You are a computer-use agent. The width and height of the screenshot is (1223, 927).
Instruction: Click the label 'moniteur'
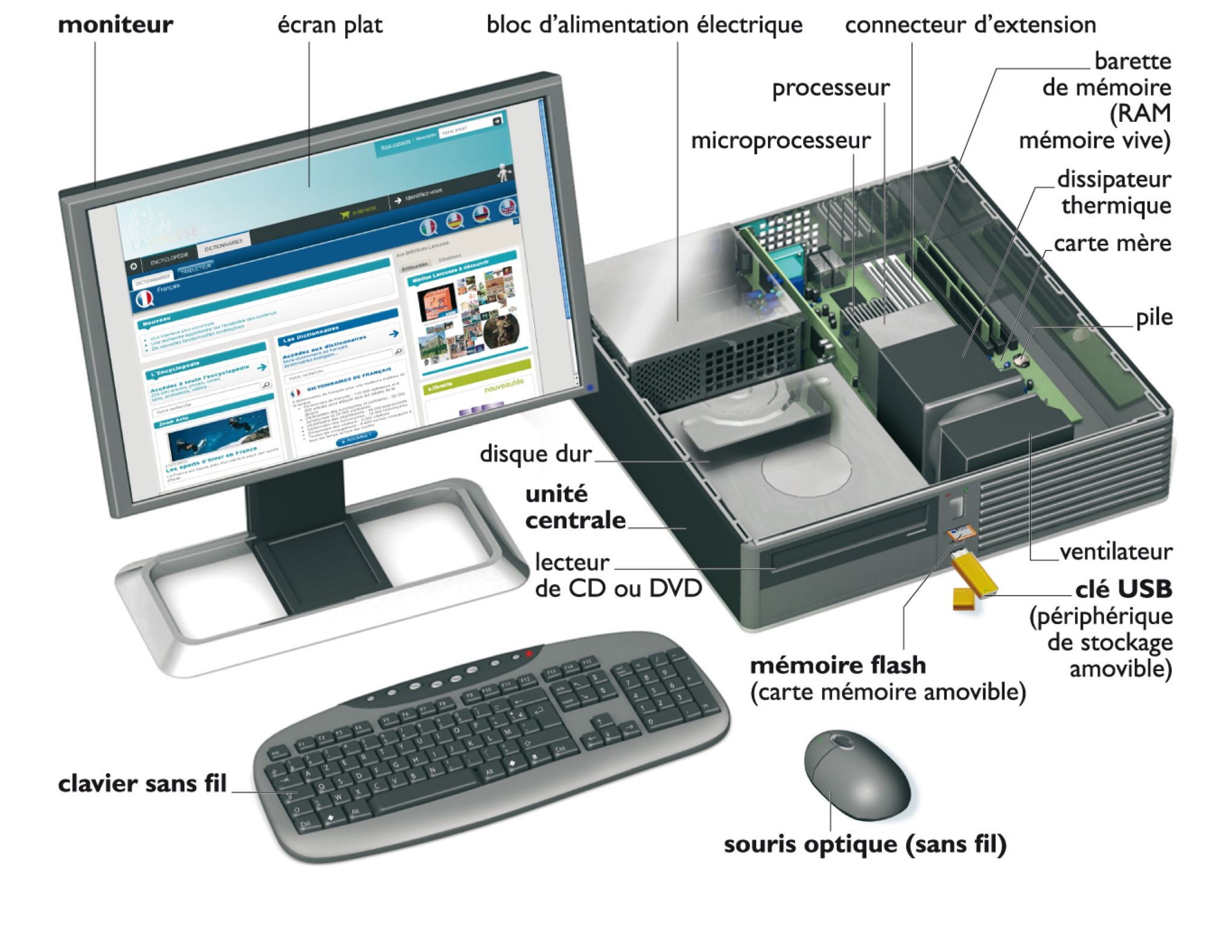[x=115, y=25]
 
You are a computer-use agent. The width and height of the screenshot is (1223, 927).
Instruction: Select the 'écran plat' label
[x=329, y=25]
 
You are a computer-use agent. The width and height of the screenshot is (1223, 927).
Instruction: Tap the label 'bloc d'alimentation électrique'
[x=644, y=25]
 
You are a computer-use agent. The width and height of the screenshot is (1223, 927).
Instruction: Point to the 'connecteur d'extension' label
[x=970, y=25]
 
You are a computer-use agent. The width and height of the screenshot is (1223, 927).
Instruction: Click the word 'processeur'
[x=830, y=88]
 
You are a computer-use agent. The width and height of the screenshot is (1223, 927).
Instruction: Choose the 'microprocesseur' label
[x=780, y=141]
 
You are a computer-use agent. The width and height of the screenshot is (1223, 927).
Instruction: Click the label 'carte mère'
[x=1112, y=243]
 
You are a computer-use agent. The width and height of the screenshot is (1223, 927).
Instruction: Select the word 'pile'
[x=1154, y=317]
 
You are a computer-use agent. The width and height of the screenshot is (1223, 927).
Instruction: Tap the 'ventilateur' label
[x=1116, y=552]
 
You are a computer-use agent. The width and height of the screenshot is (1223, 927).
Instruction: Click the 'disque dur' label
[x=535, y=454]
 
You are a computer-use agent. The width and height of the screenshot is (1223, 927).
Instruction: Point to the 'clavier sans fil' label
[x=142, y=783]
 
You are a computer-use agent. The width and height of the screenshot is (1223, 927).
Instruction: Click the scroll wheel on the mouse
[x=839, y=741]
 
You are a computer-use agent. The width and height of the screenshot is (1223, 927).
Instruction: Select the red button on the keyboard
[x=529, y=654]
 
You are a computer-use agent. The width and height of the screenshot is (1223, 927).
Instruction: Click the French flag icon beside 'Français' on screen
[x=144, y=299]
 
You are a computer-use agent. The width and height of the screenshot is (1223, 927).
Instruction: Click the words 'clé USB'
[x=1123, y=588]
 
